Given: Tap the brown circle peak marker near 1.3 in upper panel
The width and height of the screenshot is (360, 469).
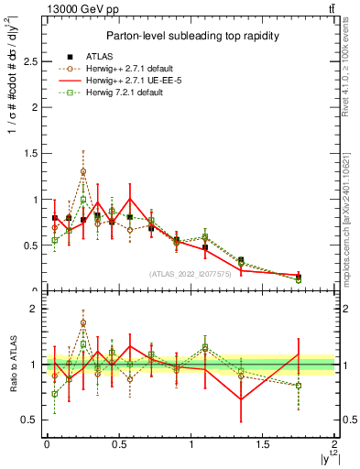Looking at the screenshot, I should (x=83, y=171).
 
